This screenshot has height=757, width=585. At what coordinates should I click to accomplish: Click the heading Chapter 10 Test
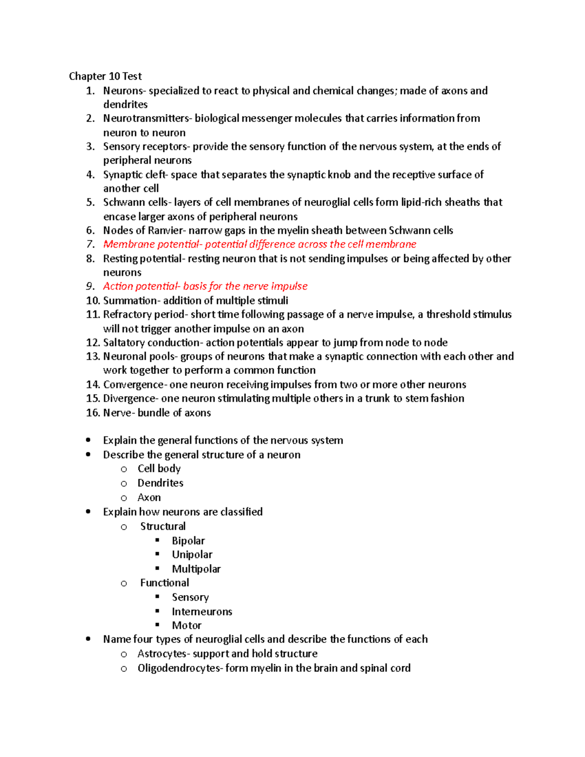pos(105,77)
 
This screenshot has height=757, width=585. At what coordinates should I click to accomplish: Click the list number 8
pos(90,259)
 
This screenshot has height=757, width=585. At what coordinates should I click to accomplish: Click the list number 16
pos(93,413)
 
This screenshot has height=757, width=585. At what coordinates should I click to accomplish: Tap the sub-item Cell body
pos(159,468)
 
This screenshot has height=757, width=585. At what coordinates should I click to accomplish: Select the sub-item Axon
pos(149,498)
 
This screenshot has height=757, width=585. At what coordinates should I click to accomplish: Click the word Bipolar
pos(188,541)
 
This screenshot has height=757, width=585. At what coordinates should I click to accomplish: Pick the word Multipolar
pos(196,569)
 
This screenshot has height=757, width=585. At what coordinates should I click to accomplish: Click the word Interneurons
pos(202,612)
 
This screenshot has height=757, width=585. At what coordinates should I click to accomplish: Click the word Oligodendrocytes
pos(178,668)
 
